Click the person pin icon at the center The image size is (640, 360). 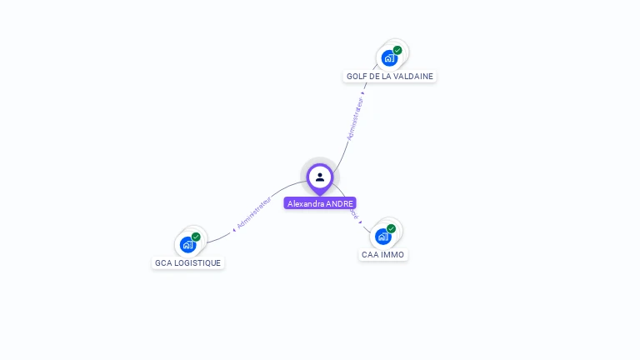[320, 177]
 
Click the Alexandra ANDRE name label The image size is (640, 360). [320, 203]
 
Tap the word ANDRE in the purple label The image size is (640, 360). [341, 203]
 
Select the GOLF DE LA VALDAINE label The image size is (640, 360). [390, 76]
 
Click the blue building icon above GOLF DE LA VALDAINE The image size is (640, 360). [388, 58]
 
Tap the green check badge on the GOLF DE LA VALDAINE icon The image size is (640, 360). [397, 50]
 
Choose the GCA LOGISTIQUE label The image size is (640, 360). [187, 262]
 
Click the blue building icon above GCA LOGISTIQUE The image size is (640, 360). [187, 244]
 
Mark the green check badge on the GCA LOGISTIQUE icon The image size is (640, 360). [196, 237]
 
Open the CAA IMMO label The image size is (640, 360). [382, 254]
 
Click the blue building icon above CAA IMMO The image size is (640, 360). [382, 237]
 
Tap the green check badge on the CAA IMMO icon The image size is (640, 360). [391, 228]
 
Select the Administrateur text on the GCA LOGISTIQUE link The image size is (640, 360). [254, 212]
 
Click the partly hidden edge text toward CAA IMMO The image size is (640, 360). [354, 214]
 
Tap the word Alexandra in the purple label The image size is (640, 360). [306, 203]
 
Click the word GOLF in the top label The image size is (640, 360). [357, 76]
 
